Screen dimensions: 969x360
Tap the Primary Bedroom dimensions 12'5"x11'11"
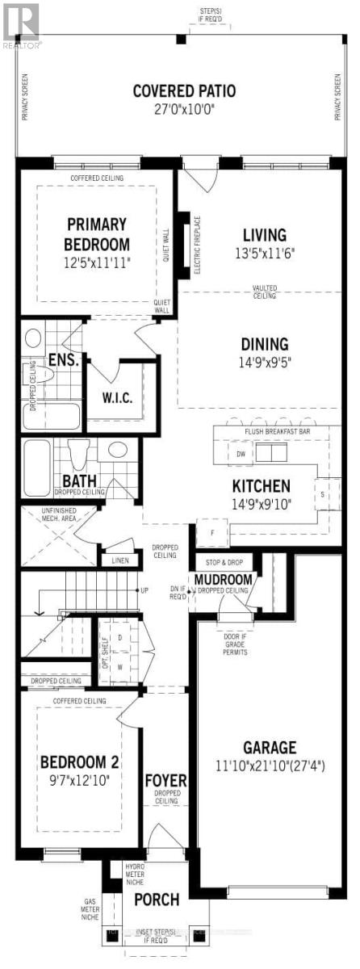pyautogui.click(x=98, y=262)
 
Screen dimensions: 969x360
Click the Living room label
pyautogui.click(x=265, y=235)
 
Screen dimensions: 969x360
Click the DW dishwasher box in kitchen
pyautogui.click(x=241, y=454)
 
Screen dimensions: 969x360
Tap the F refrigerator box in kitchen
pyautogui.click(x=212, y=533)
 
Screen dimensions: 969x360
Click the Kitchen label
pyautogui.click(x=261, y=486)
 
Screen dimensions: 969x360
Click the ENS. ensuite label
pyautogui.click(x=63, y=360)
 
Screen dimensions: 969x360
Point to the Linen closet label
pyautogui.click(x=119, y=560)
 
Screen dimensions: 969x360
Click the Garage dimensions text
pyautogui.click(x=270, y=764)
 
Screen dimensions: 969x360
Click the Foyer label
pyautogui.click(x=165, y=781)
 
